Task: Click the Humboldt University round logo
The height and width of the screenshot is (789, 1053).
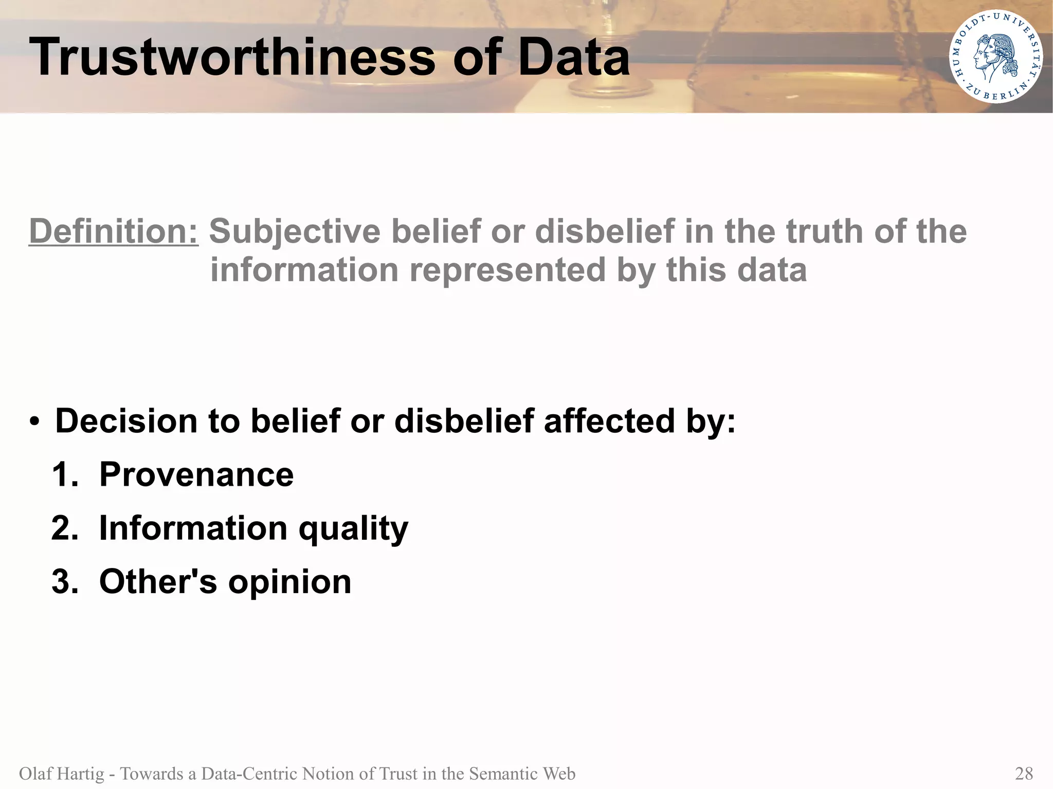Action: [995, 57]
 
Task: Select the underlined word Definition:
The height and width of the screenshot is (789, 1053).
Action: [114, 231]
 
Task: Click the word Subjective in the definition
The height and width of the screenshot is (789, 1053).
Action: [295, 231]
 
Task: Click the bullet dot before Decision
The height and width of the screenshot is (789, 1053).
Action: [34, 422]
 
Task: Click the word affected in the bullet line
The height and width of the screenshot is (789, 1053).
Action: [609, 421]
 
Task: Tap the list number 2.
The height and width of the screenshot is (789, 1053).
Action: [64, 528]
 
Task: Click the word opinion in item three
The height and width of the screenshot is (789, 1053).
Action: [289, 583]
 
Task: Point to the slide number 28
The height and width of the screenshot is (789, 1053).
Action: [1024, 774]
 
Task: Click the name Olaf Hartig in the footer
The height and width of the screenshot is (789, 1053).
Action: [61, 774]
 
